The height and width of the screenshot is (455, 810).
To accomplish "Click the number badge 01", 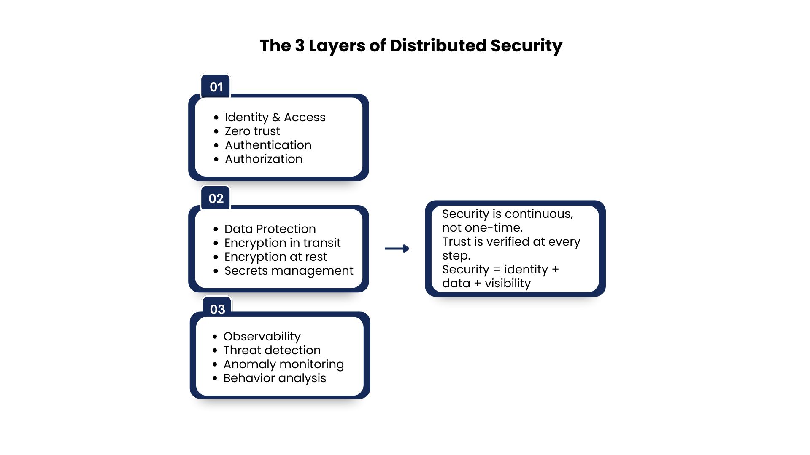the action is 216,87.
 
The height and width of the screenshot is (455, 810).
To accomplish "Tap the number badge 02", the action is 216,198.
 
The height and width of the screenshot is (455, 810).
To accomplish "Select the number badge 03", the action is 217,309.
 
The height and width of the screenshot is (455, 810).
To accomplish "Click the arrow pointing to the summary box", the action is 397,249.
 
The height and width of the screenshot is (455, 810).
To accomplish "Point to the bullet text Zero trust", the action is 252,131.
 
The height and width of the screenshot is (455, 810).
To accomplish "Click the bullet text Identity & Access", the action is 275,117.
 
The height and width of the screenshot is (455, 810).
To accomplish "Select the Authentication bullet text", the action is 268,145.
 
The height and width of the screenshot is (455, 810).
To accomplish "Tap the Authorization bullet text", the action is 264,159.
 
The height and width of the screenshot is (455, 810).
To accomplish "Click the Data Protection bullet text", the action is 270,229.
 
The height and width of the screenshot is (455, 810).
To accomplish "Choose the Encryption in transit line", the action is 282,243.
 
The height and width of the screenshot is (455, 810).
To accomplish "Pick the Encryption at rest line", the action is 275,257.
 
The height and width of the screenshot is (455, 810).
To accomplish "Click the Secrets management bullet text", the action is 289,270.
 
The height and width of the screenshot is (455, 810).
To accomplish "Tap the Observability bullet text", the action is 262,336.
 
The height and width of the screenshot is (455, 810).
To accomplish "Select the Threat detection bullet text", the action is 272,350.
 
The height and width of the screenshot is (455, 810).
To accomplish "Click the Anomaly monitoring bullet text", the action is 283,364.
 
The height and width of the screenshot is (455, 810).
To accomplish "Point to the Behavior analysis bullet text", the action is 275,378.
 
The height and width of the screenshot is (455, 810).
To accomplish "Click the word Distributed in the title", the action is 438,45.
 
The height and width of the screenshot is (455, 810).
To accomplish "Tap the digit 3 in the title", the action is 300,45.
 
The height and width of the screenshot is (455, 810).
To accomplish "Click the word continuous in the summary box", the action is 539,214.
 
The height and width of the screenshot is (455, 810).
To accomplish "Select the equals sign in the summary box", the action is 497,270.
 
